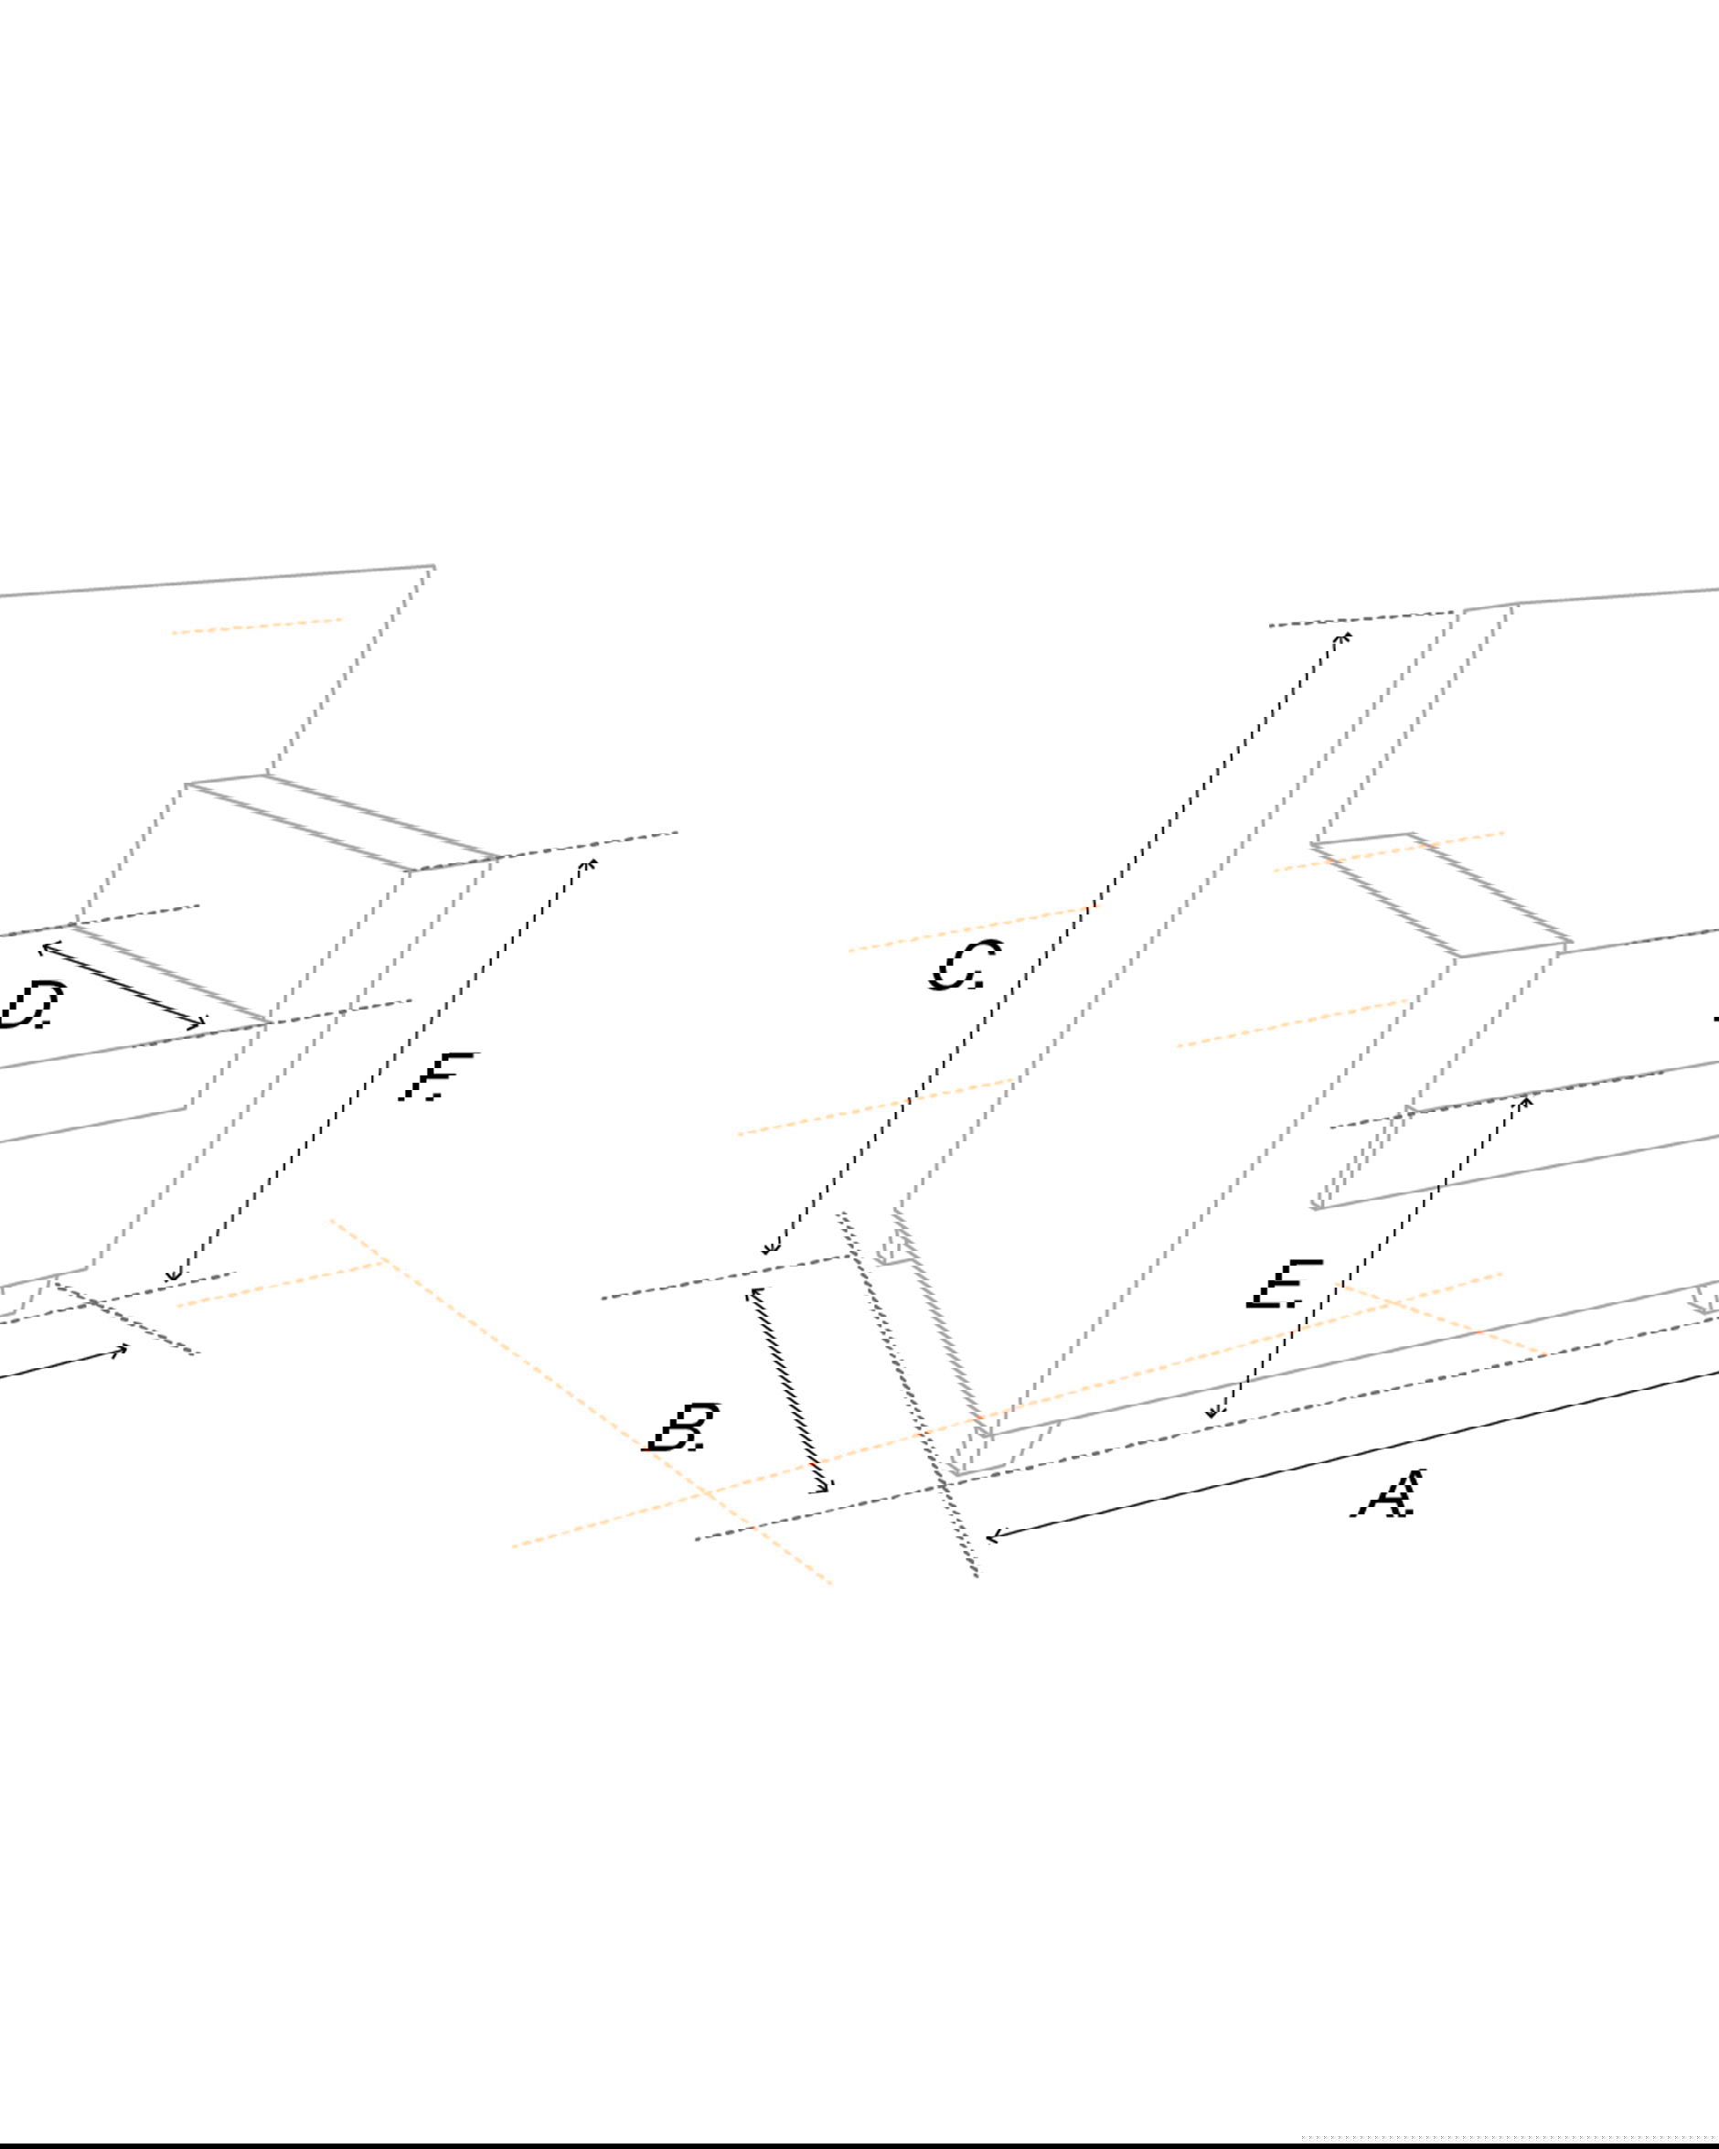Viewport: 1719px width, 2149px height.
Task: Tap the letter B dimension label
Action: pos(684,1427)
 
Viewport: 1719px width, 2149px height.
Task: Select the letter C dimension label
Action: pos(965,966)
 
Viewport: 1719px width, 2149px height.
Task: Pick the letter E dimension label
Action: pos(1285,1285)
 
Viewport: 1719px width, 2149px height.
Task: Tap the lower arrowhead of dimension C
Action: pos(769,1249)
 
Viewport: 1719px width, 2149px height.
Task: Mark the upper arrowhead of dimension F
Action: pos(592,863)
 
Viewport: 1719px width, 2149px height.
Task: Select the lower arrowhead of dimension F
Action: pos(174,1275)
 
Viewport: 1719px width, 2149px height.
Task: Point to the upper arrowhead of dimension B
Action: pos(757,1293)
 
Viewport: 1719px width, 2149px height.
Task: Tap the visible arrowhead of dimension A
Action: pos(992,1537)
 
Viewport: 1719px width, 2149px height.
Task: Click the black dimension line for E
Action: pos(1368,1256)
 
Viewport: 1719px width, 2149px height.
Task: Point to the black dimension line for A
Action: pos(1352,1455)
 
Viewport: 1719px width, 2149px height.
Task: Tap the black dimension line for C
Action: pos(1056,943)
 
